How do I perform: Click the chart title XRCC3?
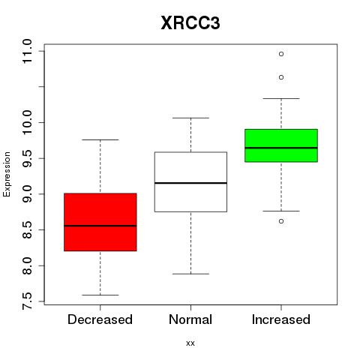(x=190, y=23)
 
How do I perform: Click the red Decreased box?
(x=100, y=222)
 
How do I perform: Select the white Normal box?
(x=190, y=181)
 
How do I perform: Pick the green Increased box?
(x=281, y=145)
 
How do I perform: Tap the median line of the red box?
(x=100, y=226)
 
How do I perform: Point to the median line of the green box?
(x=281, y=148)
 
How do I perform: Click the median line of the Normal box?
(x=190, y=183)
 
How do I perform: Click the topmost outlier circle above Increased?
(x=281, y=54)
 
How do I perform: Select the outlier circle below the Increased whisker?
(x=281, y=221)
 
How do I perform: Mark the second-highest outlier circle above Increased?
(x=281, y=77)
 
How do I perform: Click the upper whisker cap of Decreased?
(x=100, y=139)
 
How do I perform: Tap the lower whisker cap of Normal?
(x=190, y=274)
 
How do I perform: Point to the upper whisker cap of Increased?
(x=281, y=98)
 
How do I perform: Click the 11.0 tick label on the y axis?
(x=27, y=52)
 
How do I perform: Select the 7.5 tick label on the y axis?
(x=27, y=301)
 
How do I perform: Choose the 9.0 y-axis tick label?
(x=27, y=194)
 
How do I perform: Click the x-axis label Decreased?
(x=100, y=319)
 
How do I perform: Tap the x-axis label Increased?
(x=281, y=319)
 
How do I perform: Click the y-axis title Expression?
(x=7, y=174)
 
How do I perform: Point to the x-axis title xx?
(x=190, y=343)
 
